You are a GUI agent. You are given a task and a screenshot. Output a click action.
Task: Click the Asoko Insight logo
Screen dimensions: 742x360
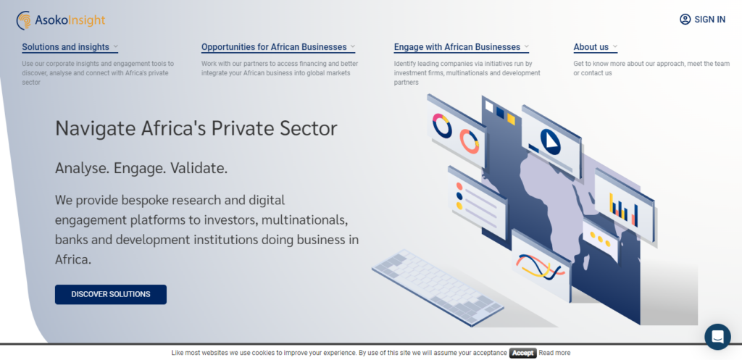pyautogui.click(x=61, y=20)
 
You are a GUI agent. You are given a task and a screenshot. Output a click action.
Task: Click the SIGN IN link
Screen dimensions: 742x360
pyautogui.click(x=702, y=20)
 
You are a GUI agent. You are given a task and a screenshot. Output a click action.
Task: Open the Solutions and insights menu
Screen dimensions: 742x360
pyautogui.click(x=70, y=47)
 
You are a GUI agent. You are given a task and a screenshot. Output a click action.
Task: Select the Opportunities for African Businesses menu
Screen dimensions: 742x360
pyautogui.click(x=278, y=47)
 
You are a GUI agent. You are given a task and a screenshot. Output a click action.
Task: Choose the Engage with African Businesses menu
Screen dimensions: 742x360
pyautogui.click(x=462, y=47)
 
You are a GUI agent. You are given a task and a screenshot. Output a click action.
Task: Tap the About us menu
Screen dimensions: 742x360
pyautogui.click(x=596, y=47)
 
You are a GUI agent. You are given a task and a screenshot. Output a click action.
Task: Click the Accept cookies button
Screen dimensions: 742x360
pyautogui.click(x=523, y=353)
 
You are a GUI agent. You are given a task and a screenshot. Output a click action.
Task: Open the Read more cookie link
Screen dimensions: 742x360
pyautogui.click(x=554, y=353)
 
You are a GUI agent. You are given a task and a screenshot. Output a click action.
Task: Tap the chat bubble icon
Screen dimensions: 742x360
pyautogui.click(x=717, y=337)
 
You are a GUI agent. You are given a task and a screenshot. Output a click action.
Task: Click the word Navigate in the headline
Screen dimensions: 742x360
pyautogui.click(x=96, y=129)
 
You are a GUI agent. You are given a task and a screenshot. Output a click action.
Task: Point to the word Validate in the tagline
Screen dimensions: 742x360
pyautogui.click(x=199, y=168)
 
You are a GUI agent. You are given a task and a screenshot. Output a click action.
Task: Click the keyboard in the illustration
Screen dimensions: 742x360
pyautogui.click(x=437, y=287)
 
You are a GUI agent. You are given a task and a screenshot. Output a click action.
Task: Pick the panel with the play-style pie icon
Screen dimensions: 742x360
pyautogui.click(x=551, y=141)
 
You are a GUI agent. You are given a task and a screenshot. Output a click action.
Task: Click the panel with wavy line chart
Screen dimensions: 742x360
pyautogui.click(x=541, y=266)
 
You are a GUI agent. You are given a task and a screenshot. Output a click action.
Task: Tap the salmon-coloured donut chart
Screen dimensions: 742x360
pyautogui.click(x=469, y=141)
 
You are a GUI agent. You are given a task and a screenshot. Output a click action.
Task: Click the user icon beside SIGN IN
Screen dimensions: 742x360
pyautogui.click(x=685, y=20)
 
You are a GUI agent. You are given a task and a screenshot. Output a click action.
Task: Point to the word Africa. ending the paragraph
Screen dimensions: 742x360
pyautogui.click(x=73, y=260)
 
